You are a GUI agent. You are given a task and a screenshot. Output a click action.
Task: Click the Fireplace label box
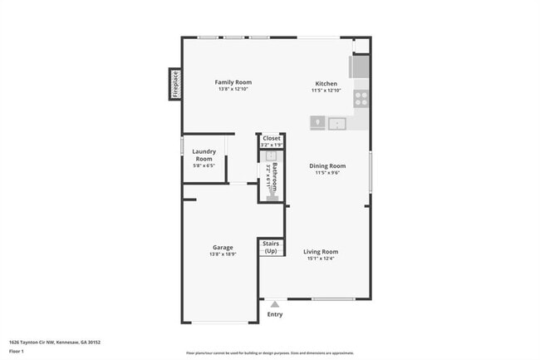[175, 84]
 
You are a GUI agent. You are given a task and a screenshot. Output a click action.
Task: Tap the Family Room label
[233, 82]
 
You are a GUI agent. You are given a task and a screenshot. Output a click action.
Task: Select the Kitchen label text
[326, 82]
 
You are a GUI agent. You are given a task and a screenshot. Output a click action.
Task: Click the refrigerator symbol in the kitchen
[361, 66]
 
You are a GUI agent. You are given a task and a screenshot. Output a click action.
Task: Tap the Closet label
[272, 138]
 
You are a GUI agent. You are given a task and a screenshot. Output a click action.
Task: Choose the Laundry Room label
[204, 155]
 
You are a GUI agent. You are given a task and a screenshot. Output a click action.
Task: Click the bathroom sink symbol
[272, 155]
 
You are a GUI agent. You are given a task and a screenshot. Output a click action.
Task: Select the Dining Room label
[327, 165]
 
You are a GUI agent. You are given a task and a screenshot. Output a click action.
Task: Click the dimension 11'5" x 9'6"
[327, 173]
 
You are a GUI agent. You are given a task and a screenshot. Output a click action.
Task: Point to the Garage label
[222, 247]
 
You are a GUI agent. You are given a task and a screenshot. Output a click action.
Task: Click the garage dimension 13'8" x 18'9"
[222, 254]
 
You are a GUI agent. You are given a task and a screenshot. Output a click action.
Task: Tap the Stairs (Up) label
[271, 247]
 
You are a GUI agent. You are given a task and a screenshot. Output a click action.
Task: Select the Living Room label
[320, 251]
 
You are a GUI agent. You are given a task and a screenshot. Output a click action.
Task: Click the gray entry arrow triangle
[275, 304]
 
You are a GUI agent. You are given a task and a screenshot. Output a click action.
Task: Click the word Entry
[275, 314]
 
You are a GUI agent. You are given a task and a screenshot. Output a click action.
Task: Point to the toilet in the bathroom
[272, 194]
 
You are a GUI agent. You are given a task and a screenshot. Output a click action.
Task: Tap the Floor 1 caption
[17, 351]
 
